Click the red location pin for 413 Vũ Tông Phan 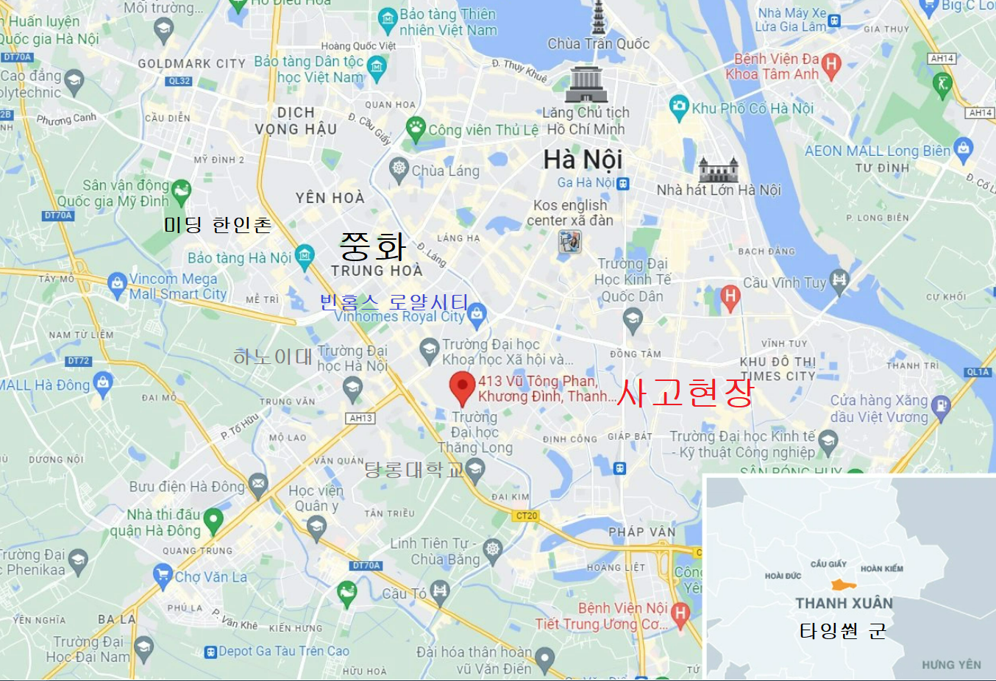pos(462,386)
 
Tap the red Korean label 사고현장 pos(685,392)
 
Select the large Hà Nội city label pos(583,159)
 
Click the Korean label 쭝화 pos(372,246)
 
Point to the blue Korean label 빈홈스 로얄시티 pos(394,302)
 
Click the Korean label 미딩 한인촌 pos(218,224)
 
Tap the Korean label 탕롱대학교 pos(414,469)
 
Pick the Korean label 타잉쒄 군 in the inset pos(842,631)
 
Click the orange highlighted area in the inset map pos(843,585)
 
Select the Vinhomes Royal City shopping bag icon pos(477,315)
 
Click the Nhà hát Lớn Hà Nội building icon pos(718,170)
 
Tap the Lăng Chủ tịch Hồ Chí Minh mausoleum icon pos(586,82)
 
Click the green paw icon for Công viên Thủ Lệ pos(416,129)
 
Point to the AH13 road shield pos(360,418)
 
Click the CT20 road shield pos(527,516)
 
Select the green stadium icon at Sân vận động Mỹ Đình pos(181,191)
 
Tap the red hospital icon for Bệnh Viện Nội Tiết pos(680,613)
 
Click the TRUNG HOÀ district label pos(377,271)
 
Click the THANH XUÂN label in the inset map pos(844,603)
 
